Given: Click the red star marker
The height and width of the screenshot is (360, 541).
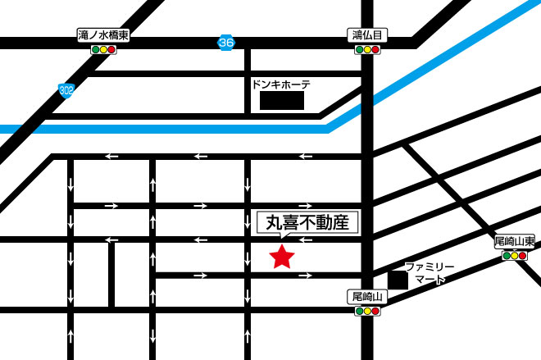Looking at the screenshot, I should coord(282,257).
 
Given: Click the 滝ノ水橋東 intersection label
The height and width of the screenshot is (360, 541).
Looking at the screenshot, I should coord(103,36).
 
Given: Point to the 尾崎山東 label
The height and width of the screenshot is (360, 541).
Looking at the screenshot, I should coord(515,242).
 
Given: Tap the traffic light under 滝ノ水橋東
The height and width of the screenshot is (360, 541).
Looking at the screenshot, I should coord(103,50).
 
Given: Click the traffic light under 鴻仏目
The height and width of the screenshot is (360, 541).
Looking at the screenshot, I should coord(367,50).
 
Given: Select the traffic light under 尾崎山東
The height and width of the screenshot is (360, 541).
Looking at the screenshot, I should coord(515,256).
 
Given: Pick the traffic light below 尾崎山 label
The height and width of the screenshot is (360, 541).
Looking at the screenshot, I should coord(367,311).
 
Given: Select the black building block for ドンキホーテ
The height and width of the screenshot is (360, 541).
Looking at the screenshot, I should coord(282,101).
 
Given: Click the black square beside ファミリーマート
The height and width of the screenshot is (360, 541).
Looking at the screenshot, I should coord(398,280).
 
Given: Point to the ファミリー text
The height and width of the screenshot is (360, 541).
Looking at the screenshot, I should coord(430,267).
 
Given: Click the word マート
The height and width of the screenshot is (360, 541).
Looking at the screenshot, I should coord(430,280).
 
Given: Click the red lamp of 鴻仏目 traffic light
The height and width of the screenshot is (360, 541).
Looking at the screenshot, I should coord(375,50).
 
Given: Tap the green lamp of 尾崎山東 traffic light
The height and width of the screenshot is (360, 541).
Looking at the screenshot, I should coord(507,256).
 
